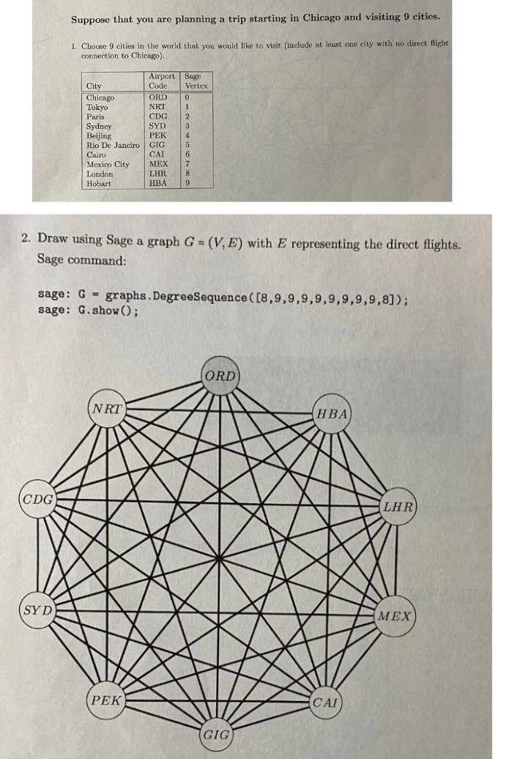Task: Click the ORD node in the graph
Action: point(220,376)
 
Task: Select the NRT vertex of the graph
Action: point(106,409)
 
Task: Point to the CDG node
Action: point(37,500)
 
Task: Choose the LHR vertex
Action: point(398,506)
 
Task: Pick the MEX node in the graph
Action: point(396,615)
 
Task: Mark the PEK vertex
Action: point(106,700)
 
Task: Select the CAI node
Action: point(326,703)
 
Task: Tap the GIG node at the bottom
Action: point(217,733)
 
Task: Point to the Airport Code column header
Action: point(161,81)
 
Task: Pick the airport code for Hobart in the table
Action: point(157,183)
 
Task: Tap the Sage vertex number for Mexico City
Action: point(188,164)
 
